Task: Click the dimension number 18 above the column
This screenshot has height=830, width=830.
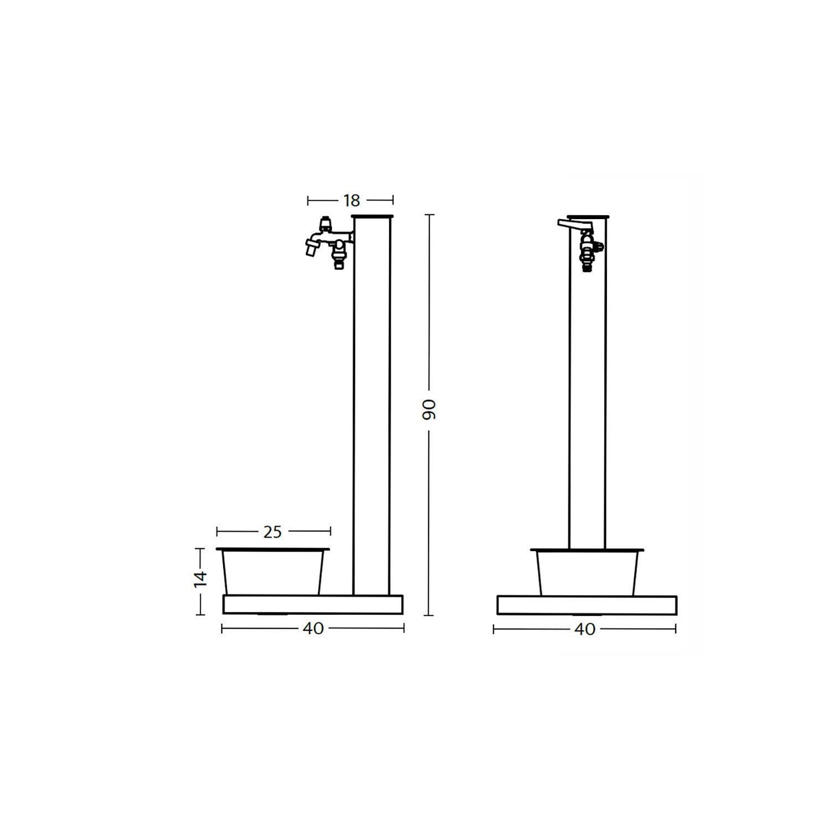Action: (351, 200)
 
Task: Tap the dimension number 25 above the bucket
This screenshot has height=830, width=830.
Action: (272, 532)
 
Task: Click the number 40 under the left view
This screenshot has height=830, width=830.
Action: (313, 629)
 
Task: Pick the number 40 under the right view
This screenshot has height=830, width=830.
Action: (585, 629)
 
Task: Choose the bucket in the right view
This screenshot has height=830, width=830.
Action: (587, 574)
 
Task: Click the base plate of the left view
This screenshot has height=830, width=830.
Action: (313, 604)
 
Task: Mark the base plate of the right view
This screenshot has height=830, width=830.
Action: (587, 605)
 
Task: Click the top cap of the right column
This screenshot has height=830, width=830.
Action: (588, 216)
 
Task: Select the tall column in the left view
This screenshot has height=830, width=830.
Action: (371, 404)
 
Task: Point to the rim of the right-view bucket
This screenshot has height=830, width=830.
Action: (587, 550)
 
